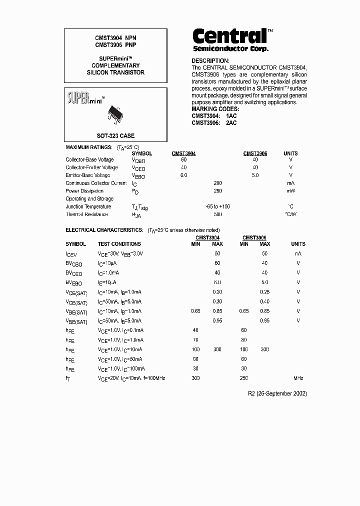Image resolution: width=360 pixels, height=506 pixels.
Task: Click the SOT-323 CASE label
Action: [x=115, y=135]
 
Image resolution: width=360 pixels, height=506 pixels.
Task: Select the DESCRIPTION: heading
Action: [x=210, y=60]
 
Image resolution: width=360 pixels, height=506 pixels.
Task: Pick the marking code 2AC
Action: [x=231, y=123]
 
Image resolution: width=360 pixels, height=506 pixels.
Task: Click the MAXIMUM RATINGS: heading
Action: [x=88, y=147]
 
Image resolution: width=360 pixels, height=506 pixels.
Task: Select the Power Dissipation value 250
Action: [x=217, y=191]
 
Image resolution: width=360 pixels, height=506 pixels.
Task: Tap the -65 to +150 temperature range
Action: [x=218, y=206]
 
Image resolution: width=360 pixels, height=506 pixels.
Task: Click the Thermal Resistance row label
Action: [x=87, y=214]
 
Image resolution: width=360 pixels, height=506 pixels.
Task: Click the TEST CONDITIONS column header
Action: [x=119, y=244]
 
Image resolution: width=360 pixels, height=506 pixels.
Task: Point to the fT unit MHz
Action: [x=298, y=378]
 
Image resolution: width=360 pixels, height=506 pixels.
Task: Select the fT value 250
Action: [x=244, y=378]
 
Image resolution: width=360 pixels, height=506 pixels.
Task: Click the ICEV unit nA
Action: [x=298, y=254]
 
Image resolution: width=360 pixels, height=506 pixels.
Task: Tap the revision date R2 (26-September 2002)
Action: [x=277, y=393]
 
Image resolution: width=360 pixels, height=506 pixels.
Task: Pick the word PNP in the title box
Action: [x=130, y=45]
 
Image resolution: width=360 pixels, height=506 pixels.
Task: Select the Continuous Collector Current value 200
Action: [x=217, y=183]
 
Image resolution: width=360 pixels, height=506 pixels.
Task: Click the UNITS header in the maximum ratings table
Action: [x=290, y=153]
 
